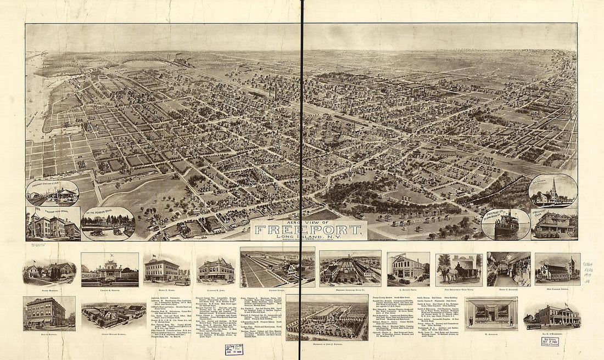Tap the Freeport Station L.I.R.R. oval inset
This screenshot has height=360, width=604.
(x=52, y=193)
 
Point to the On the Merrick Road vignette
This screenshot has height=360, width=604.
(x=108, y=224)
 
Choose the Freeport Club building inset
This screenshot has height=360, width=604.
(x=555, y=225)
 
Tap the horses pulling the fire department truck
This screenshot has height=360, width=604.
(x=448, y=273)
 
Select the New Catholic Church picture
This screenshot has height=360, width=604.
(x=557, y=269)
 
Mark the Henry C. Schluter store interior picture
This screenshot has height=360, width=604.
(x=508, y=269)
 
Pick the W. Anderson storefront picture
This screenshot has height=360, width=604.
(x=491, y=313)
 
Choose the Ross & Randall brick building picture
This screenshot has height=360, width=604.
(x=49, y=313)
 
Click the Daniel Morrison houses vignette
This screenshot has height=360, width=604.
(x=49, y=270)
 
